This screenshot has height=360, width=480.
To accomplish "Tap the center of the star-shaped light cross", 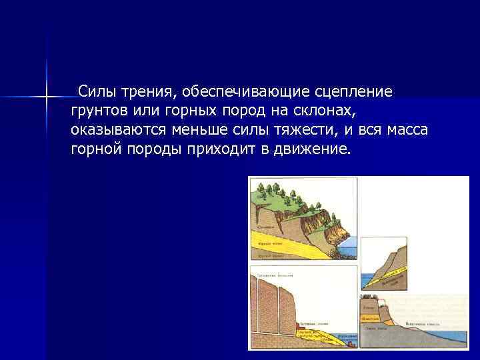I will click(47, 99).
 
